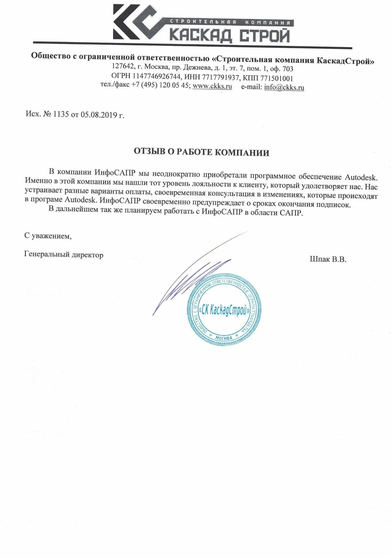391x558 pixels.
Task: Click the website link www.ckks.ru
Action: [212, 87]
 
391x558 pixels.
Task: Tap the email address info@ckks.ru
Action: [284, 87]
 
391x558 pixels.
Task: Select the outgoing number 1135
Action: [61, 114]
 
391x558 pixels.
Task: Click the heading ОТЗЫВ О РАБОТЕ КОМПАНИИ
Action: [202, 152]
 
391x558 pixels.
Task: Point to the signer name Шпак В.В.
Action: [328, 259]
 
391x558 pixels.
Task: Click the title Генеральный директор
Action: [64, 255]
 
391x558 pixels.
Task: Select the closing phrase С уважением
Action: [48, 236]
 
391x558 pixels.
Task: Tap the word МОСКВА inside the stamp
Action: [224, 338]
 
